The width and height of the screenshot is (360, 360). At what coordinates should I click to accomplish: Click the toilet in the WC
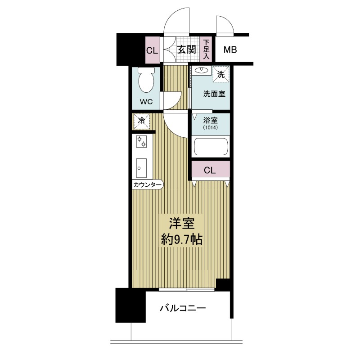pyautogui.click(x=146, y=80)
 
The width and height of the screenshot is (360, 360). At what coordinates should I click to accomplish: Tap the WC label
pyautogui.click(x=146, y=102)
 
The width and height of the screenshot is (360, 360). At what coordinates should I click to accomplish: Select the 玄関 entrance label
pyautogui.click(x=187, y=49)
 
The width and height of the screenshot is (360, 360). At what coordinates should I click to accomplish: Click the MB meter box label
pyautogui.click(x=230, y=49)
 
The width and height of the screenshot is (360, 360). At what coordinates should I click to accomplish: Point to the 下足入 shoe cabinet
pyautogui.click(x=207, y=49)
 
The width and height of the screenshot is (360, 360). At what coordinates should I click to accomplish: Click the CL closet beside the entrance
pyautogui.click(x=153, y=50)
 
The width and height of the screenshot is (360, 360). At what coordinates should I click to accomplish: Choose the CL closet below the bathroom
pyautogui.click(x=210, y=170)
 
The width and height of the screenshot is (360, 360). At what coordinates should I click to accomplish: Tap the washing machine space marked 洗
pyautogui.click(x=221, y=74)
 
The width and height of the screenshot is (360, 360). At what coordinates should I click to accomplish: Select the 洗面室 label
pyautogui.click(x=214, y=94)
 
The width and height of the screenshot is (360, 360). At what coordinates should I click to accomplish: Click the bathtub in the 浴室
pyautogui.click(x=211, y=147)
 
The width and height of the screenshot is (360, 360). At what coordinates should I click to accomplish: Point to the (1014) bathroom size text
pyautogui.click(x=210, y=128)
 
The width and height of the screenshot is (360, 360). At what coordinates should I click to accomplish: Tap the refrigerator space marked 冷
pyautogui.click(x=142, y=121)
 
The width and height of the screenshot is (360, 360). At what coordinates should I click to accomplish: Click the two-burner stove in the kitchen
pyautogui.click(x=141, y=141)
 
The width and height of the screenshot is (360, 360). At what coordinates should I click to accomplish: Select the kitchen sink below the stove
pyautogui.click(x=141, y=168)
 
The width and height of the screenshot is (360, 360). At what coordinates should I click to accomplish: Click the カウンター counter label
pyautogui.click(x=148, y=184)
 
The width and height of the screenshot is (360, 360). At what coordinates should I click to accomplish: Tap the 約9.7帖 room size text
pyautogui.click(x=182, y=240)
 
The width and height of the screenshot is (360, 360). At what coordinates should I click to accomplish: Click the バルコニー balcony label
pyautogui.click(x=183, y=308)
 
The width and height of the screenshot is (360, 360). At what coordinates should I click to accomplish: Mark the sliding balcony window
pyautogui.click(x=187, y=289)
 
